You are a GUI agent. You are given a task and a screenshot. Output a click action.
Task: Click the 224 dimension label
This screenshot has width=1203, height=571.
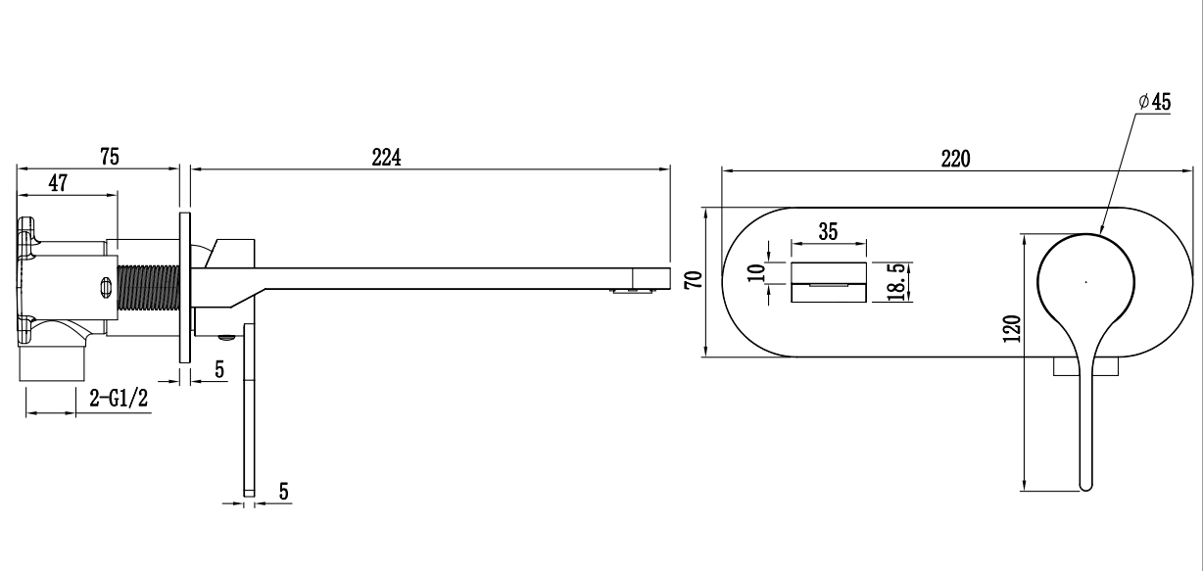[388, 158]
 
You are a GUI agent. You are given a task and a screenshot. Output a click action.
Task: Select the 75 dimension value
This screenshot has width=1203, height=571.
[109, 157]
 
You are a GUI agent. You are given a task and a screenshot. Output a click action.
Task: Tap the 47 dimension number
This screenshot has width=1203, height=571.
[59, 183]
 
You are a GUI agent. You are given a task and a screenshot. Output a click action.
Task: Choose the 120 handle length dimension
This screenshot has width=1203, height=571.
[1013, 327]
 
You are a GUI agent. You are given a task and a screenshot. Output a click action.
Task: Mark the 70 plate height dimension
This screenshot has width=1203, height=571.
[694, 280]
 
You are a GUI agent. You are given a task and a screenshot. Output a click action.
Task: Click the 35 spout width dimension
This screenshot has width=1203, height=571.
[829, 233]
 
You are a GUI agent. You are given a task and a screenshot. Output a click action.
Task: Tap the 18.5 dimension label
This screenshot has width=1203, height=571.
[895, 282]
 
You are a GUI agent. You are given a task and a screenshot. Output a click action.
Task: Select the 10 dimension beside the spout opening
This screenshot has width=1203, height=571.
[755, 272]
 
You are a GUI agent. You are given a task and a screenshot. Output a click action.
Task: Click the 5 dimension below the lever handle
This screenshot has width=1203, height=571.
[283, 491]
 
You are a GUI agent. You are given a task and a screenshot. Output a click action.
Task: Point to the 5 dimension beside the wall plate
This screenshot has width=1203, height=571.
[219, 369]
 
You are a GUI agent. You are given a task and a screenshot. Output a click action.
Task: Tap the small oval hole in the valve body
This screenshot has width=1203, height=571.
[106, 287]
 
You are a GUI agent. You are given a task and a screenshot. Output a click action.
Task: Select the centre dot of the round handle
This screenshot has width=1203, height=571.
[1085, 282]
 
